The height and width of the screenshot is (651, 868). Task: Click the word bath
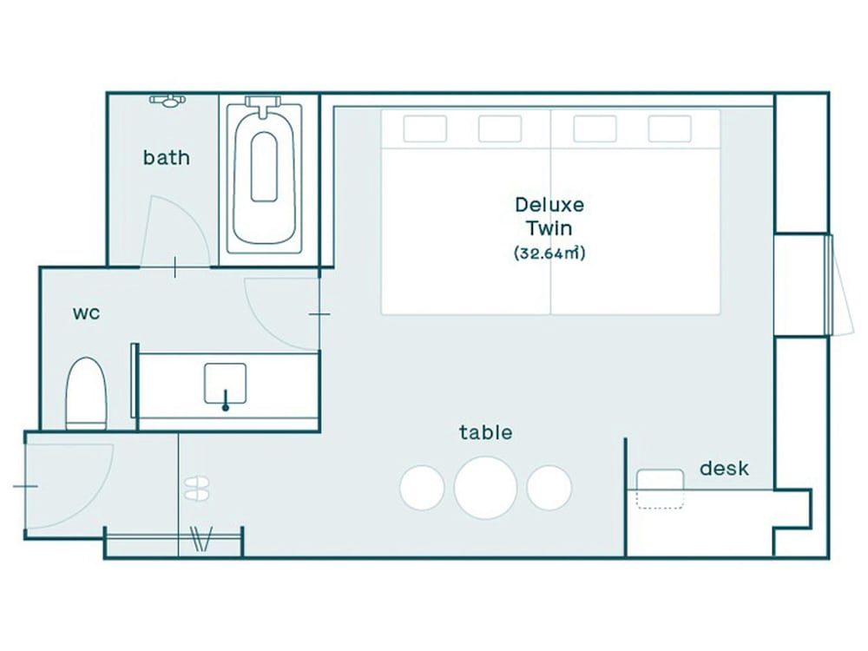(166, 158)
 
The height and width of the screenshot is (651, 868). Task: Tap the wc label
(86, 313)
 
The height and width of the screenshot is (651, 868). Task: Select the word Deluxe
(549, 205)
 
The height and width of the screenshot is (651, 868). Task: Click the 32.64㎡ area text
(549, 253)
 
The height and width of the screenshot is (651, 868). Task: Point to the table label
(485, 431)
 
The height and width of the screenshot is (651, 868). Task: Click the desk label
(724, 469)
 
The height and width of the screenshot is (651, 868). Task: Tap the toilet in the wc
(86, 393)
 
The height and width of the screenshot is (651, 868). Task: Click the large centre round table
(485, 488)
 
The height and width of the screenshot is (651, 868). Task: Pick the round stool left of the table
(422, 488)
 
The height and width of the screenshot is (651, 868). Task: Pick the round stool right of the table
(549, 488)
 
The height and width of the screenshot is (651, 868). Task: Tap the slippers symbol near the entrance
(196, 489)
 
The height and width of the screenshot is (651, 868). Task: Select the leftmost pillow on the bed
(424, 129)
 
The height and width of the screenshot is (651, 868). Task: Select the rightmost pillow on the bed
(670, 129)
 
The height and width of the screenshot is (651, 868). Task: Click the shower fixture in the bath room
(168, 101)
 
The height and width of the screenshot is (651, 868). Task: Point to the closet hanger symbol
(201, 539)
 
